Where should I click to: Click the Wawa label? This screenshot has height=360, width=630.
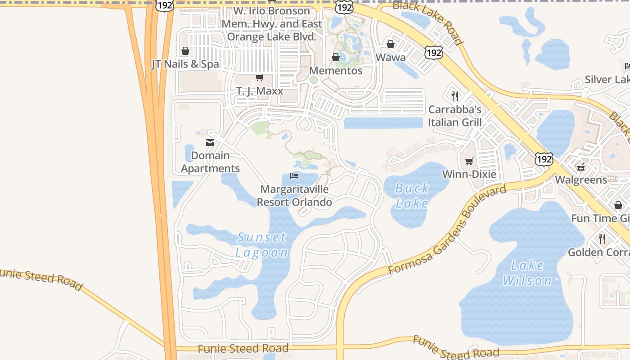(x=391, y=58)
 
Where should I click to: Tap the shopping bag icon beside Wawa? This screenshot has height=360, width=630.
(x=391, y=44)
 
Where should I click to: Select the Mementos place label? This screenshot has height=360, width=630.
(x=336, y=71)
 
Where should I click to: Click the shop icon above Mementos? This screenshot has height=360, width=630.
(x=335, y=57)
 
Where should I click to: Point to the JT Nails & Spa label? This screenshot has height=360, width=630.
(x=185, y=64)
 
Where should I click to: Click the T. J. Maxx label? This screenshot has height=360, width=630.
(x=260, y=91)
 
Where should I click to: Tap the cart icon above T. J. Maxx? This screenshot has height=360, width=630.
(x=260, y=78)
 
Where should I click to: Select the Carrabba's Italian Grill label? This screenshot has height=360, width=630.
(x=454, y=116)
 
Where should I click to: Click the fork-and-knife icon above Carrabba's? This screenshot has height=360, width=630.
(x=455, y=96)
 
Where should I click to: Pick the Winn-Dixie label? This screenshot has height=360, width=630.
(x=469, y=174)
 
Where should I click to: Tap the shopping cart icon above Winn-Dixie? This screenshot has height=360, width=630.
(x=469, y=161)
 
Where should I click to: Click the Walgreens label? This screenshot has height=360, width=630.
(x=581, y=180)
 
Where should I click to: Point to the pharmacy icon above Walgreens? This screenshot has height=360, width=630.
(x=581, y=166)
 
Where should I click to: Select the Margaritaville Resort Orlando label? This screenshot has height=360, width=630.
(x=294, y=196)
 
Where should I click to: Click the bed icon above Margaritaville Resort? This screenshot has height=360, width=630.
(x=294, y=176)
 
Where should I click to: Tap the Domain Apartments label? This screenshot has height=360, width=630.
(x=210, y=162)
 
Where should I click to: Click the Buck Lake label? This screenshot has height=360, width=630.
(x=412, y=196)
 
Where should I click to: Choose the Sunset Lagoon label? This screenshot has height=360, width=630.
(x=261, y=245)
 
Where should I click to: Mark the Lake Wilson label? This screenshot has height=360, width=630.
(x=527, y=273)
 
